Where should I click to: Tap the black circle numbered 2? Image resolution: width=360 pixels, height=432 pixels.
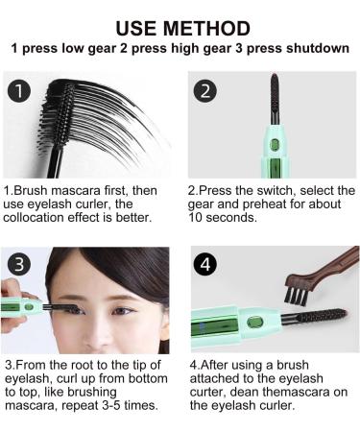[204, 91]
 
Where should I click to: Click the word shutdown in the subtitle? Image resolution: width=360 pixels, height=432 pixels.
[312, 48]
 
